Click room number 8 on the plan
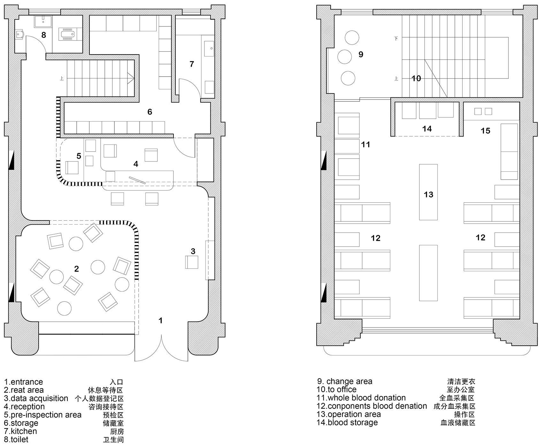point(44,35)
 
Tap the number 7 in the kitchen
point(192,64)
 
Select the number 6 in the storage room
point(149,112)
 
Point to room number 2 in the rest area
point(76,269)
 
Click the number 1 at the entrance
point(161,320)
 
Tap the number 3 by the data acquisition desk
point(193,251)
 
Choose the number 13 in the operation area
point(428,195)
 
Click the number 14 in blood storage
point(427,129)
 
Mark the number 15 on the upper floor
point(485,130)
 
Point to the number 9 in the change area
point(361,55)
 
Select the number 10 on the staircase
point(416,78)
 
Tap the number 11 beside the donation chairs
point(365,145)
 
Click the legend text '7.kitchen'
point(20,431)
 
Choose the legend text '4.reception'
point(24,407)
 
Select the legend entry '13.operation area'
point(349,414)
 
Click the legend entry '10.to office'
point(337,390)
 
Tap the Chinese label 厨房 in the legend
point(117,432)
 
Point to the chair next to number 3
point(192,262)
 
